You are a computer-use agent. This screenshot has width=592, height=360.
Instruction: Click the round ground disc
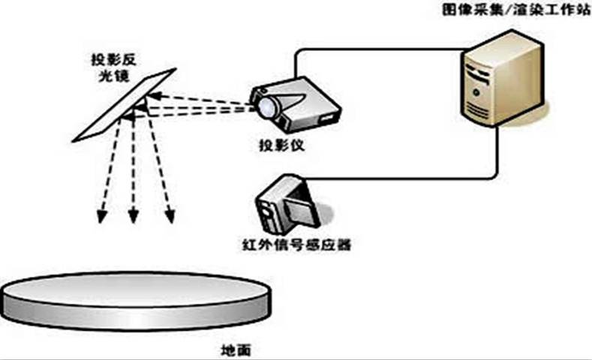click(x=135, y=300)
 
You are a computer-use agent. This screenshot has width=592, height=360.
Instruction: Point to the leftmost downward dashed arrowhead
click(x=101, y=217)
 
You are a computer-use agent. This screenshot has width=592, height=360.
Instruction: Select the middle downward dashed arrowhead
click(x=134, y=217)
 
